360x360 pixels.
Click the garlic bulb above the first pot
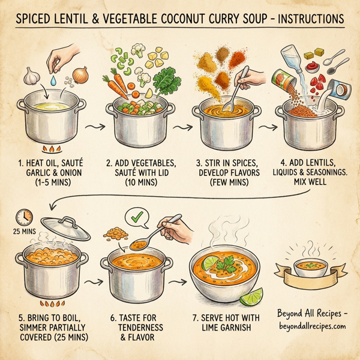click(31, 77)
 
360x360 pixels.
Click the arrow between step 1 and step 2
click(92, 127)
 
